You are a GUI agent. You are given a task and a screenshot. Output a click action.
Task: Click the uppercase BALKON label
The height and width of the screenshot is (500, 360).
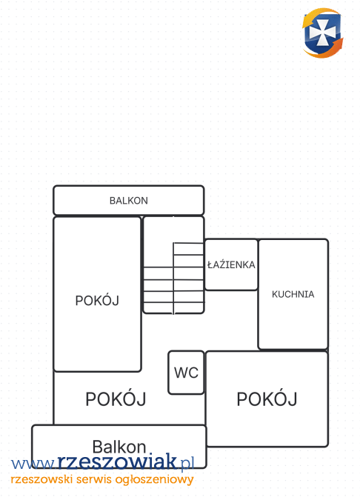pyautogui.click(x=128, y=201)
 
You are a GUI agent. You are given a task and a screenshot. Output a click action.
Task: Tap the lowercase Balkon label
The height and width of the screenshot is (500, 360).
pyautogui.click(x=119, y=447)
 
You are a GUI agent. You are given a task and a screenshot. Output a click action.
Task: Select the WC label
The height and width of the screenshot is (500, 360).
pyautogui.click(x=186, y=373)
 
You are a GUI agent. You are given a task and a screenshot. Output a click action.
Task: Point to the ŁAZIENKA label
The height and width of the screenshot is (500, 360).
pyautogui.click(x=231, y=264)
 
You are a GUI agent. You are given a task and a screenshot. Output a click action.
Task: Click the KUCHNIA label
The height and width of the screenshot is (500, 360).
pyautogui.click(x=293, y=294)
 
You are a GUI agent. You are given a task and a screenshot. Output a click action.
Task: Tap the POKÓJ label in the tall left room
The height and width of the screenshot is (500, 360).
pyautogui.click(x=97, y=300)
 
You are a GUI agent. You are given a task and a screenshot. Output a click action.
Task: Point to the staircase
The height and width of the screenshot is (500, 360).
pyautogui.click(x=173, y=278)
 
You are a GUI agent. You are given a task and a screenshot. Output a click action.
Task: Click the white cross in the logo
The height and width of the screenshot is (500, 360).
pyautogui.click(x=322, y=32)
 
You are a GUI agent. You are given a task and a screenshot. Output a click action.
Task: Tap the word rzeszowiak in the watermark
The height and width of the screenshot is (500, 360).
pyautogui.click(x=117, y=461)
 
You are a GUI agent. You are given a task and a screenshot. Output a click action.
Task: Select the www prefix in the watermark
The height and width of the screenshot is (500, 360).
pyautogui.click(x=34, y=464)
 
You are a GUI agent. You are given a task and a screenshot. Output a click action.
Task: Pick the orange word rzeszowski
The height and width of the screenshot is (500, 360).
pyautogui.click(x=41, y=479)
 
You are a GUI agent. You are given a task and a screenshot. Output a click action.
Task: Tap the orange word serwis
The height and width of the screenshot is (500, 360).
pyautogui.click(x=94, y=479)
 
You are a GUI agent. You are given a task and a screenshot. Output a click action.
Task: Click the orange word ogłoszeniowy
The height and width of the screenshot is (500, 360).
pyautogui.click(x=154, y=480)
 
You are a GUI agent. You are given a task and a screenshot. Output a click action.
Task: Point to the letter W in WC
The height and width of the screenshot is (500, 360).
pyautogui.click(x=181, y=373)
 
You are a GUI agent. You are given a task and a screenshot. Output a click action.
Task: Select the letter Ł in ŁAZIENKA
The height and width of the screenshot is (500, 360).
pyautogui.click(x=210, y=264)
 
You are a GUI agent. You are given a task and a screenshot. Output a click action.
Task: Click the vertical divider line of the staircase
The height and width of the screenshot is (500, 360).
pyautogui.click(x=173, y=278)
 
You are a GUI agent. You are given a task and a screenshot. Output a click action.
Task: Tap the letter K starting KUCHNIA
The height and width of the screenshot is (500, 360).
pyautogui.click(x=275, y=294)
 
